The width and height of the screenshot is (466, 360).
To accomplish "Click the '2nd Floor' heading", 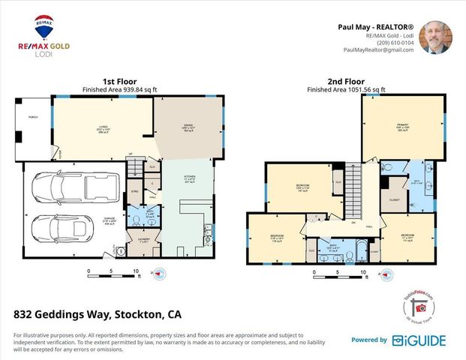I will [345, 82].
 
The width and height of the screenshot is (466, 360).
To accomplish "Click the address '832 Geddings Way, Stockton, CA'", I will [98, 314].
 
